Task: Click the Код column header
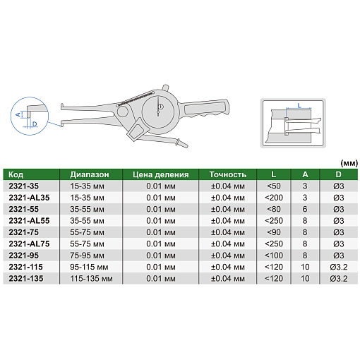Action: click(16, 174)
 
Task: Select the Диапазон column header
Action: click(90, 174)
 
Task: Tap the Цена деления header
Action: click(161, 174)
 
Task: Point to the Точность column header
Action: click(228, 174)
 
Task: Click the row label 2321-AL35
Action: click(29, 198)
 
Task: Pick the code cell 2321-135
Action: click(26, 279)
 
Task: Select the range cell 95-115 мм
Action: click(89, 267)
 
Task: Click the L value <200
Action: click(274, 198)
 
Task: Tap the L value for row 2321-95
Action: click(274, 256)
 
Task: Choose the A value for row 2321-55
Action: click(305, 209)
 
